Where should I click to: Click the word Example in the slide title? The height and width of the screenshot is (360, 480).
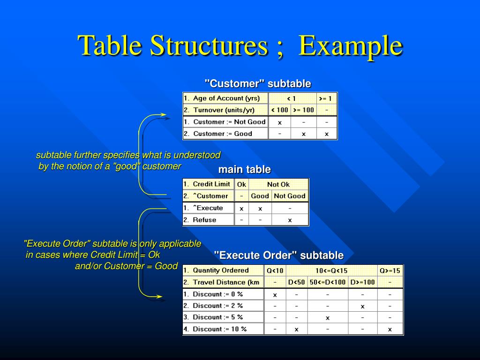point(351,46)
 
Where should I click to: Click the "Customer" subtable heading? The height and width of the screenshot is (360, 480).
point(257,83)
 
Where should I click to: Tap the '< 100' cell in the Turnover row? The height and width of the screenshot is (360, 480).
point(279,110)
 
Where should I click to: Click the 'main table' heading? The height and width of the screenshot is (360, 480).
point(244,169)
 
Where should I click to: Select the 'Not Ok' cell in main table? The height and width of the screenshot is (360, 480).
point(278,184)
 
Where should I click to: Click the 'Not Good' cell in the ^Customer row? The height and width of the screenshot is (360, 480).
point(289,196)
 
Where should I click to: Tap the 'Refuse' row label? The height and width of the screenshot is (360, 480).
point(204,220)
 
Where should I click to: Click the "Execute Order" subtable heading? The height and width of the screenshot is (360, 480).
point(278,255)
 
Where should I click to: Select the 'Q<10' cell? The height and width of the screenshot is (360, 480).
point(275,270)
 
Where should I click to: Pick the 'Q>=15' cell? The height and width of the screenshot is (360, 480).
point(390,270)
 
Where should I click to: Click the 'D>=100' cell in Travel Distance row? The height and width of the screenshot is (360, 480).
point(362,282)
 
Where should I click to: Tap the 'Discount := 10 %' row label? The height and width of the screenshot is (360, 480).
point(219,329)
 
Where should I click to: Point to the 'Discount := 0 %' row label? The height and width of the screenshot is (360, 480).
point(217,294)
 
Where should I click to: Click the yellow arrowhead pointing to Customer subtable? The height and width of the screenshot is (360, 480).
point(163,114)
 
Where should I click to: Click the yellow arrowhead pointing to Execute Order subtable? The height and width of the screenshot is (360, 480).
point(159,296)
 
